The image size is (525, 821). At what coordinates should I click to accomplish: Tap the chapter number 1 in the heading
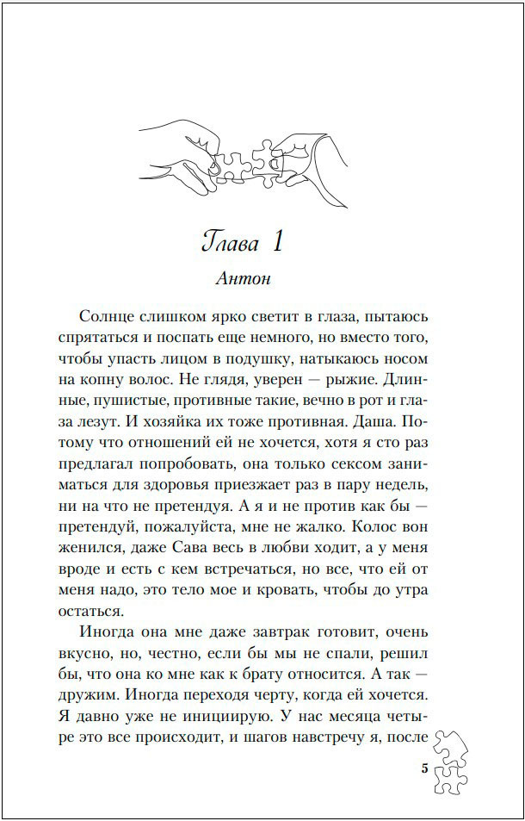point(277,241)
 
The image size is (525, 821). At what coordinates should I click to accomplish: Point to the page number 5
point(424,769)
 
